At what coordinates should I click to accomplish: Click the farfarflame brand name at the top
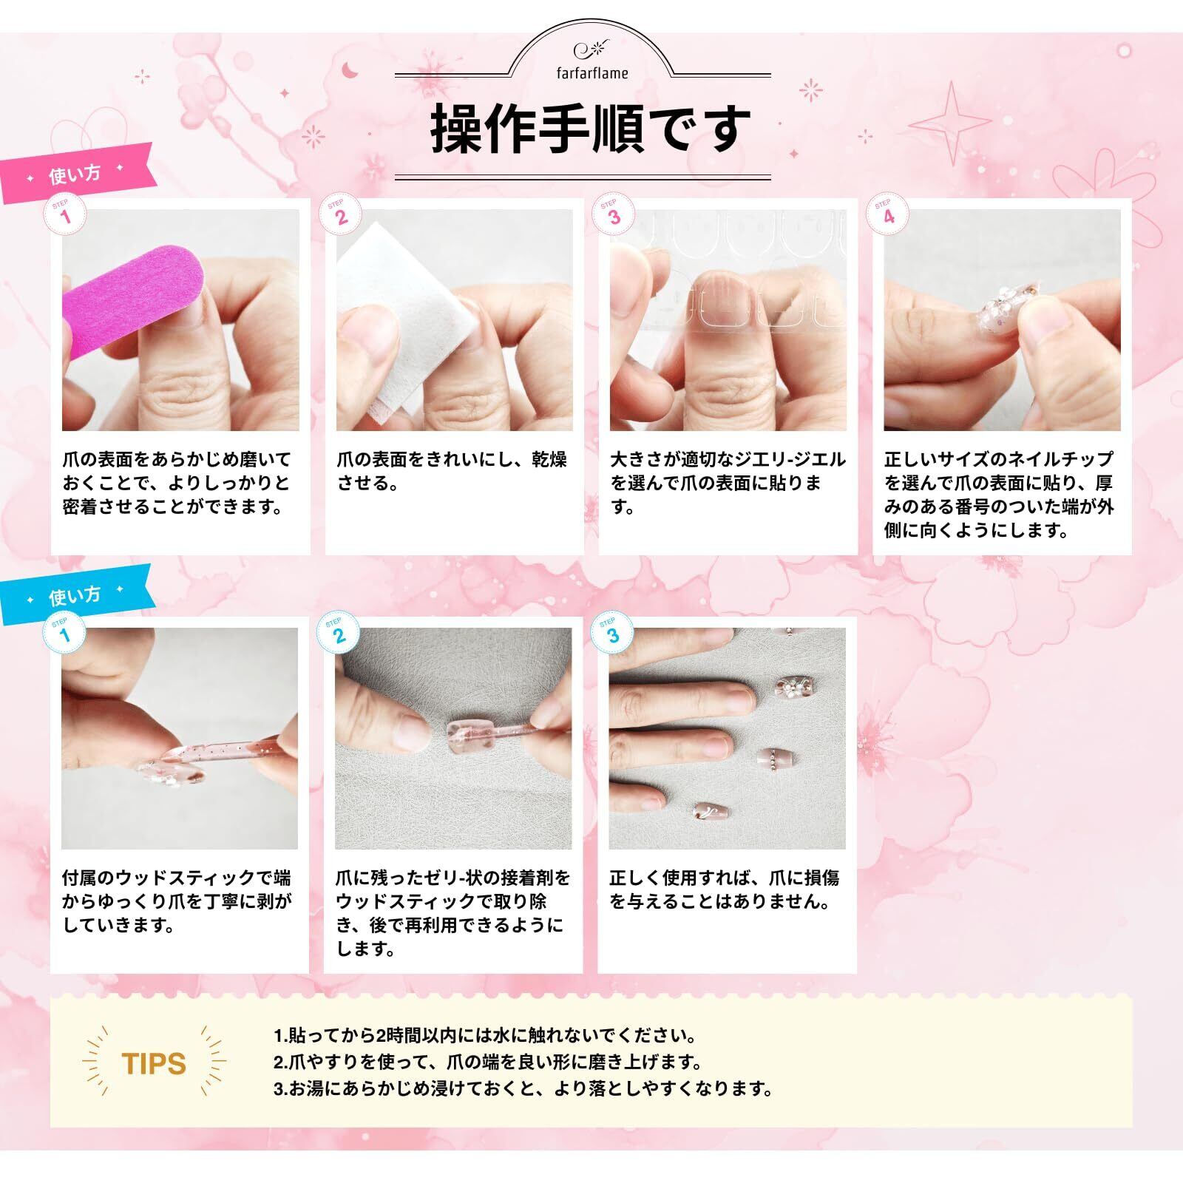tap(592, 72)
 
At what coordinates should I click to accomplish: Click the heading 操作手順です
tap(591, 129)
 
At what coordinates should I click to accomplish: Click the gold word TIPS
tap(154, 1063)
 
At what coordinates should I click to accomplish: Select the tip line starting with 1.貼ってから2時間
tap(484, 1035)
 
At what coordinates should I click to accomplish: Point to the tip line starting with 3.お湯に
tap(523, 1088)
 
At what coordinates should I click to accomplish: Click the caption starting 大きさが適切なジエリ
tap(728, 483)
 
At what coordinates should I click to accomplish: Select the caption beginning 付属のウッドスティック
tap(177, 901)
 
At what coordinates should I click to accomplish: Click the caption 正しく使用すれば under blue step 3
tap(725, 889)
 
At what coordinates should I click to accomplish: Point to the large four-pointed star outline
tap(951, 123)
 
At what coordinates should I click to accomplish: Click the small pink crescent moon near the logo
tap(348, 70)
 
